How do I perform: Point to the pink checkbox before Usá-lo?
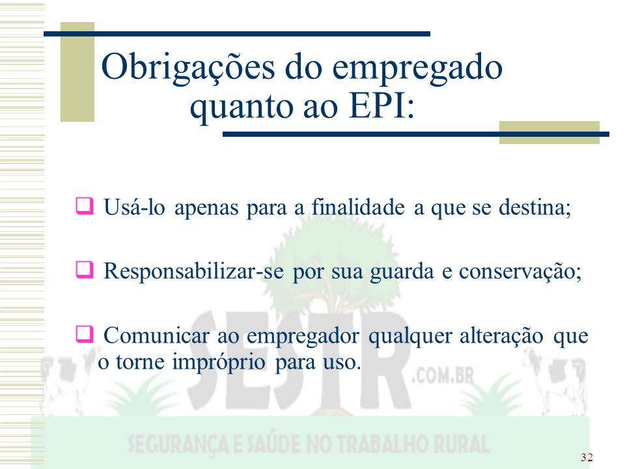coord(85,206)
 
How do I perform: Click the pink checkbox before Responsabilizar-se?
coord(85,270)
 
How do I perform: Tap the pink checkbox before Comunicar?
coord(85,334)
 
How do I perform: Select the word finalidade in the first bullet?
coord(358,207)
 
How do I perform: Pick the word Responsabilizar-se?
coord(194,271)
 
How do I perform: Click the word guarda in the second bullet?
coord(402,272)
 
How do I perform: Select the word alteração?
coord(501,336)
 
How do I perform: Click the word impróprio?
coord(219,363)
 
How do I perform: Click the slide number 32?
coord(587,457)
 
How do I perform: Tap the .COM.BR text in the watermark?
coord(443,376)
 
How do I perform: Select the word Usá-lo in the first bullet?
coord(134,207)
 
